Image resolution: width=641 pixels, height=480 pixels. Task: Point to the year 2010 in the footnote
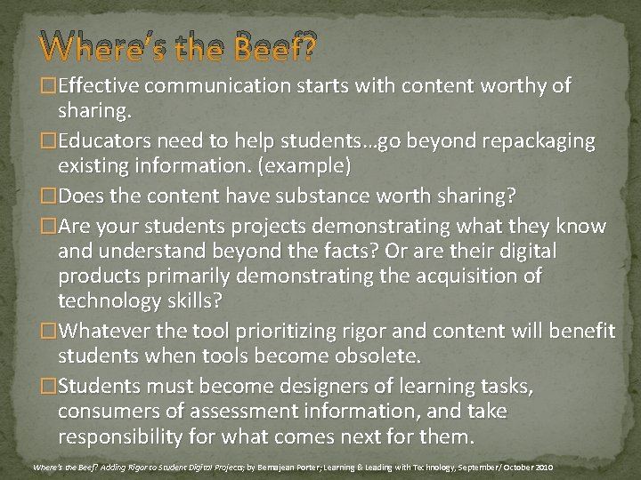point(543,467)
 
